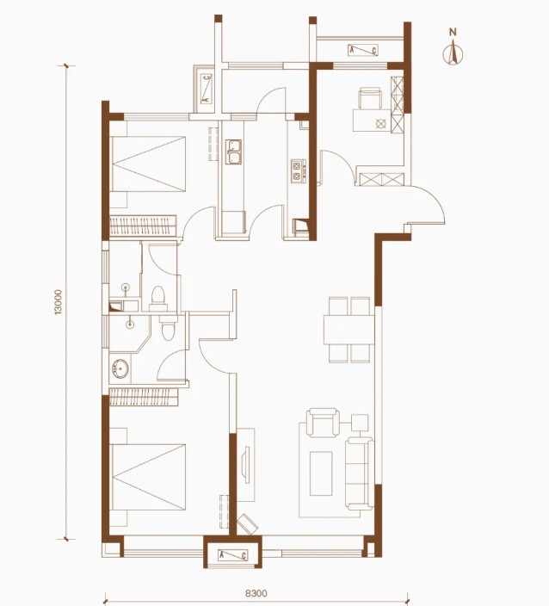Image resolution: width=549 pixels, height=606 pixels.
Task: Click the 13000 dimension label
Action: coord(59,302)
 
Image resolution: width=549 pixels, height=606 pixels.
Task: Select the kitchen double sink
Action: coord(233,151)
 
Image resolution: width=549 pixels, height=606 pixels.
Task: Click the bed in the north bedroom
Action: coord(148,164)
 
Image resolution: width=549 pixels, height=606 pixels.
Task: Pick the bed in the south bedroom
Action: coord(148,477)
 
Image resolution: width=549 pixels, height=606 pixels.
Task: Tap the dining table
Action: coord(349,330)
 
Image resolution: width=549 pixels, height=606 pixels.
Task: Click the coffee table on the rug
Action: coord(321,473)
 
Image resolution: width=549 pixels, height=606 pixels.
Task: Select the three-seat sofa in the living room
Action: coord(360,473)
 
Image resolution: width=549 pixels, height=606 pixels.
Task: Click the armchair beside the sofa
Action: coord(323,422)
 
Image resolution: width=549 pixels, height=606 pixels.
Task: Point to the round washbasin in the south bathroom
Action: coord(121,368)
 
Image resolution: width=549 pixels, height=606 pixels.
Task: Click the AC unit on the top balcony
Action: coord(363,50)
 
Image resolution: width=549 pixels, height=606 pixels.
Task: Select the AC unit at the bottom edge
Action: coord(232,556)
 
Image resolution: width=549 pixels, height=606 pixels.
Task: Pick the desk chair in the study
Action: coord(370,98)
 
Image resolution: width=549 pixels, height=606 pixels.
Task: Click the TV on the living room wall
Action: coord(246,464)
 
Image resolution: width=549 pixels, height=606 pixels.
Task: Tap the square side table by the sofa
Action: coord(360,423)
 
